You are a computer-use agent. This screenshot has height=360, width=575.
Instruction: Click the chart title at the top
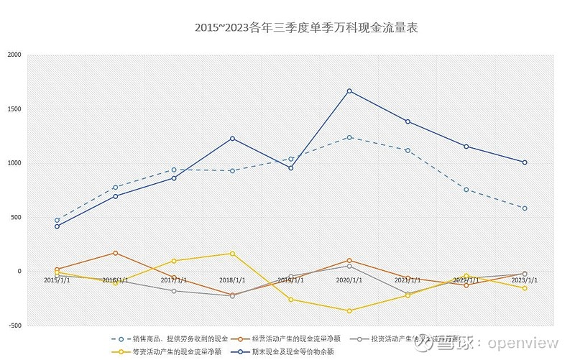point(306,28)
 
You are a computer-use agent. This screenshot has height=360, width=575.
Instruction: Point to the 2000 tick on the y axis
point(14,55)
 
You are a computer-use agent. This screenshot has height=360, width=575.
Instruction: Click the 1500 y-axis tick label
point(14,109)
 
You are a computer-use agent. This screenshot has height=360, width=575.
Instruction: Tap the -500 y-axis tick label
point(14,326)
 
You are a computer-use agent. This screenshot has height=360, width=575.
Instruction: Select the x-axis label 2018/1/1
point(231,280)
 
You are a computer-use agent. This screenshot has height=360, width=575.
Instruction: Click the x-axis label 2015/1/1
point(57,280)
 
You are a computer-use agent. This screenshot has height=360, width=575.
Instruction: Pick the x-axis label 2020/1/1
point(349,280)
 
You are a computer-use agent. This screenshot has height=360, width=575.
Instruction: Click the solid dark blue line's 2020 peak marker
point(349,91)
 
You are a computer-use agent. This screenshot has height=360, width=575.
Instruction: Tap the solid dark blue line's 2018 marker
point(232,139)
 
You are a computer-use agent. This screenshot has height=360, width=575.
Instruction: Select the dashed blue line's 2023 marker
point(525,208)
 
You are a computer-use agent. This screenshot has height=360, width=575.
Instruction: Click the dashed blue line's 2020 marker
point(349,137)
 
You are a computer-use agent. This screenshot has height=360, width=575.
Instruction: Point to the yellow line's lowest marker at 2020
point(349,310)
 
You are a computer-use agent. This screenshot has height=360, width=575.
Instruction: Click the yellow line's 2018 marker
point(232,254)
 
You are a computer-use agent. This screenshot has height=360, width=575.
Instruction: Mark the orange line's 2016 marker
point(116,253)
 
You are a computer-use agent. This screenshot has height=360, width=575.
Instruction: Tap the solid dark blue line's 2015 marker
point(57,226)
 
